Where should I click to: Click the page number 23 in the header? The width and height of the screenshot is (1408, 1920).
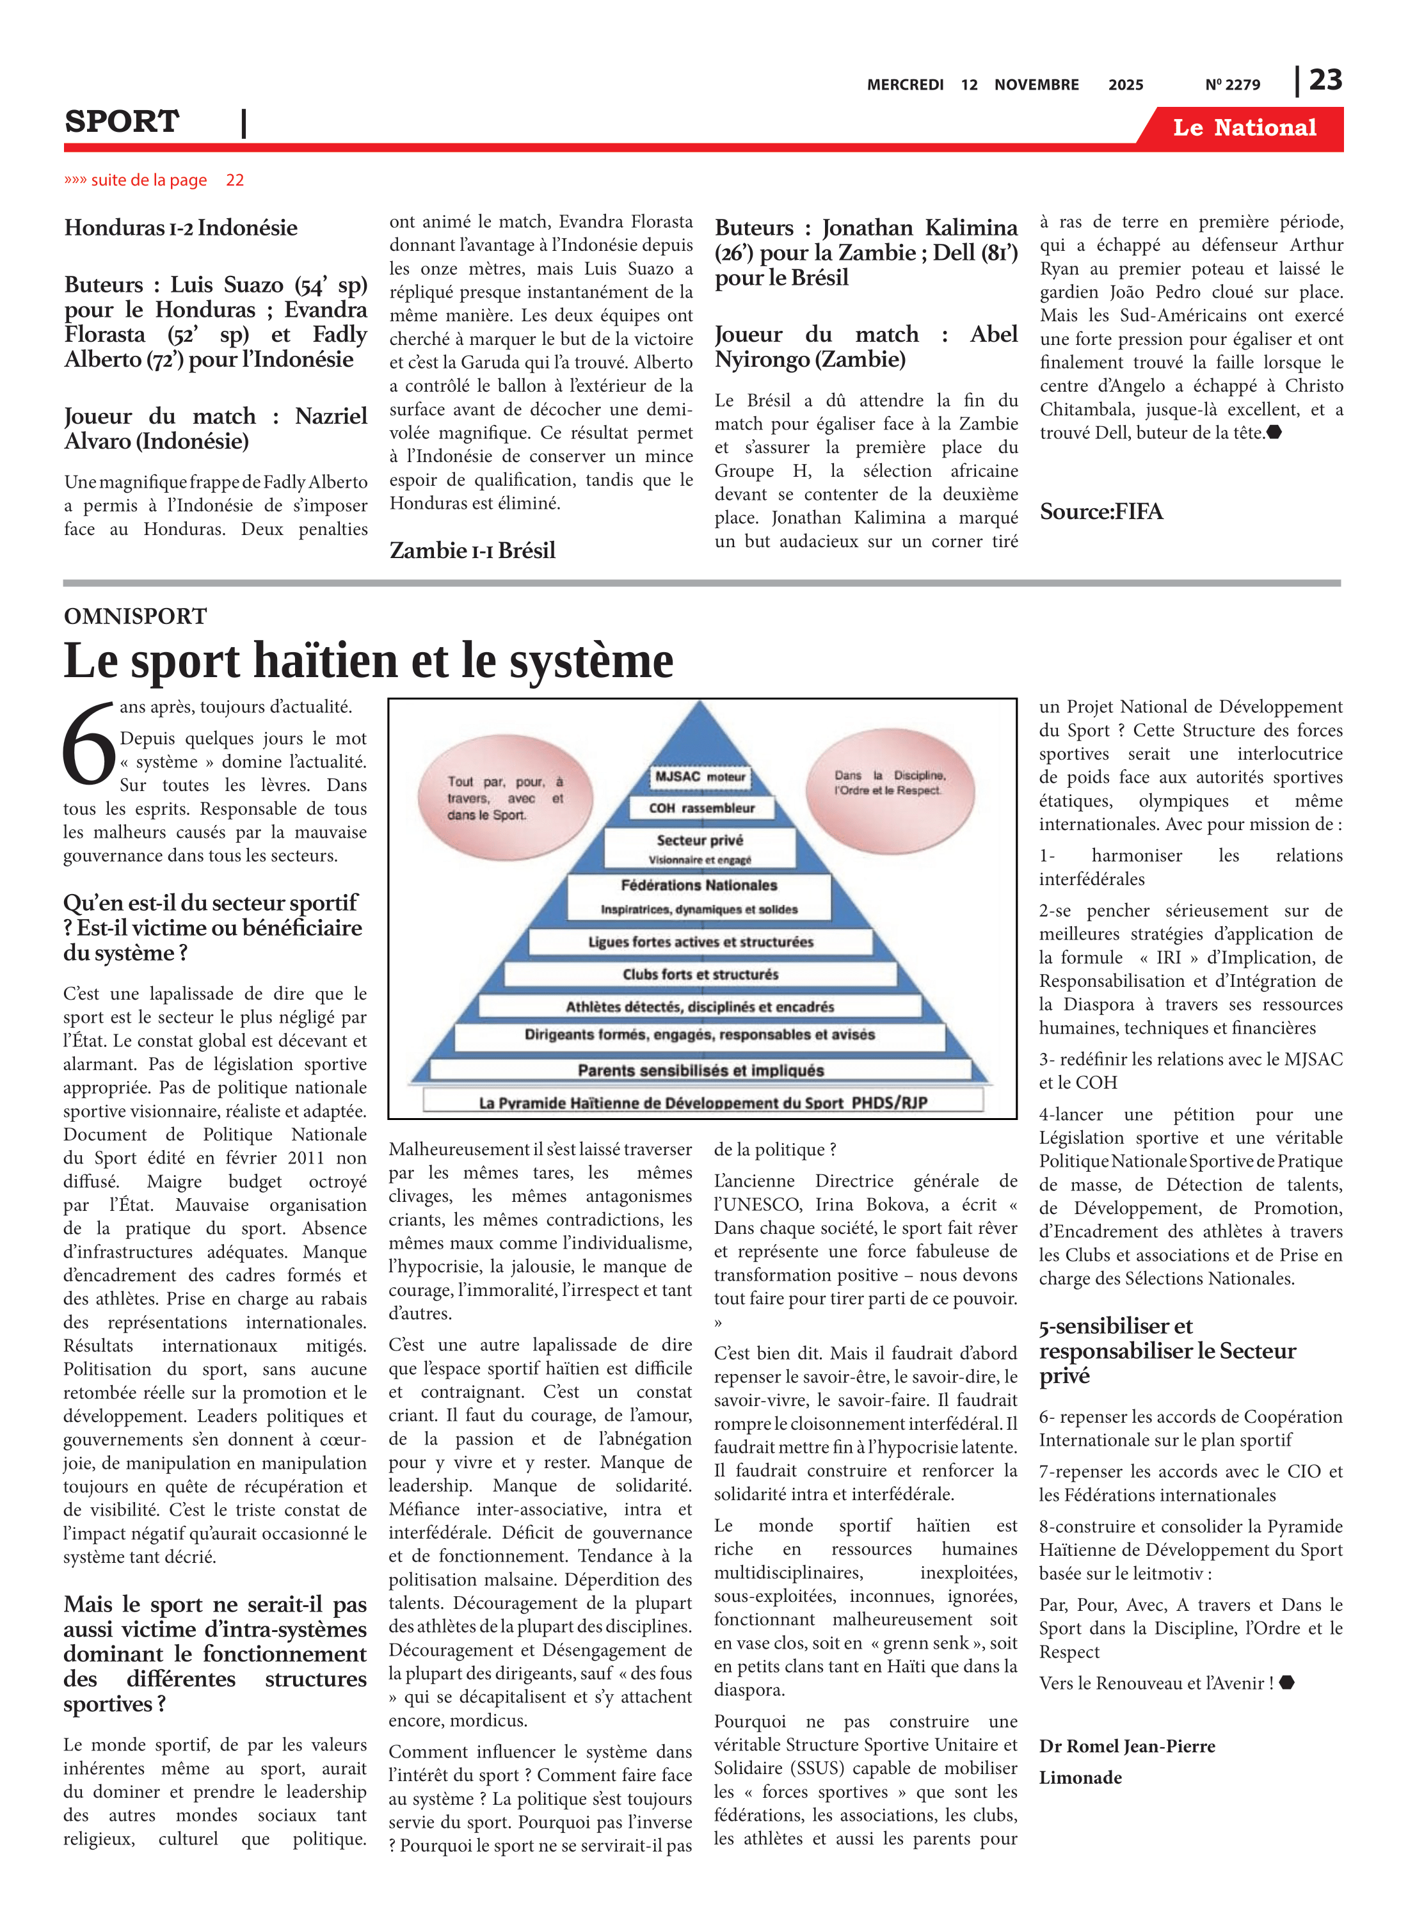pyautogui.click(x=1325, y=80)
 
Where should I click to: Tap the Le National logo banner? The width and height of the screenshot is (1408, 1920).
pyautogui.click(x=1244, y=128)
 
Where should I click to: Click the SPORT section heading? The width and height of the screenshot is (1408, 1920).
pyautogui.click(x=122, y=122)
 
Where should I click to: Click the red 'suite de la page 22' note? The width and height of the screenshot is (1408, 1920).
pyautogui.click(x=154, y=180)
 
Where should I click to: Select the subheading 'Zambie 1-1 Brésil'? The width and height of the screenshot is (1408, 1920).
pyautogui.click(x=472, y=550)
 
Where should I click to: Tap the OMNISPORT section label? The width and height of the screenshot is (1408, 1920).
pyautogui.click(x=136, y=616)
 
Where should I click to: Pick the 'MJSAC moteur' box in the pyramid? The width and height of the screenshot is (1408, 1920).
pyautogui.click(x=700, y=776)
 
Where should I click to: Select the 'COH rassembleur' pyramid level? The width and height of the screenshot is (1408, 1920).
pyautogui.click(x=701, y=808)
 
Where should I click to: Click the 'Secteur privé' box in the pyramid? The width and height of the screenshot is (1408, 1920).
pyautogui.click(x=700, y=848)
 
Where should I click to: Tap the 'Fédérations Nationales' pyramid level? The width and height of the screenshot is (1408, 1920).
pyautogui.click(x=699, y=895)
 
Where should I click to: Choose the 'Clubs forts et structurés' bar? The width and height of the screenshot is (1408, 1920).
pyautogui.click(x=700, y=974)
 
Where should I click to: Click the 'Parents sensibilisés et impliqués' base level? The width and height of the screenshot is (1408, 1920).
pyautogui.click(x=701, y=1070)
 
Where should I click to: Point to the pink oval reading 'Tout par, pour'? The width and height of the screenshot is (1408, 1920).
pyautogui.click(x=506, y=797)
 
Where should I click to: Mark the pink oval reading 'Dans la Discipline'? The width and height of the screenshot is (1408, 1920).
pyautogui.click(x=889, y=782)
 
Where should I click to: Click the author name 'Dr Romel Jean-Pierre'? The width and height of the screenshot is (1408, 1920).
pyautogui.click(x=1127, y=1746)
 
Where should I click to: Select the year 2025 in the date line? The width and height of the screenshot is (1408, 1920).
pyautogui.click(x=1125, y=85)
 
